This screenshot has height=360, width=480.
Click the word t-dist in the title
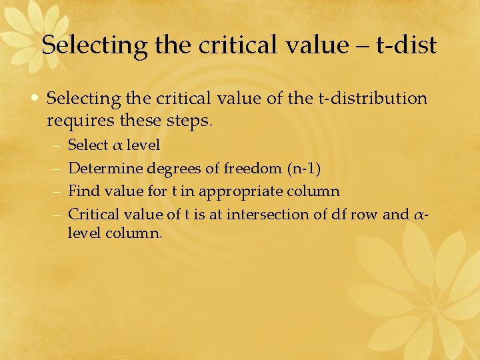(x=406, y=45)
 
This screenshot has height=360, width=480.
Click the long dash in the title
(x=361, y=45)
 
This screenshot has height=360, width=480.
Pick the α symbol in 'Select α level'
(x=117, y=145)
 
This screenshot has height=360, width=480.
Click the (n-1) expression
(x=303, y=169)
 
